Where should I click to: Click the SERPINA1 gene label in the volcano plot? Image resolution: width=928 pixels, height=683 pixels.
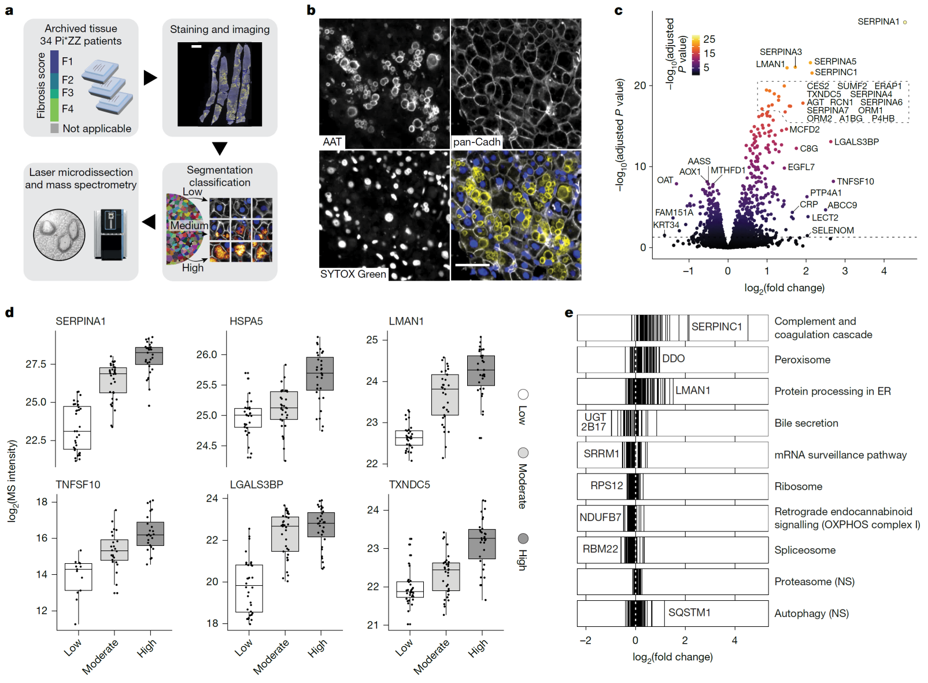coord(878,22)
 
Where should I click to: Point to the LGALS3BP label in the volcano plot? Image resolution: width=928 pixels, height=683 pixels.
coord(856,142)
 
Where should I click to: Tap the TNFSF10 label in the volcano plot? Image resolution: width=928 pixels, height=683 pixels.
coord(855,182)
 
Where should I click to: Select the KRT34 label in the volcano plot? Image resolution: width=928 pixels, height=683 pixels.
coord(666,225)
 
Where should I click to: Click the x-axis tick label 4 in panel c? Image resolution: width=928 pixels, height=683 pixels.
coord(883,271)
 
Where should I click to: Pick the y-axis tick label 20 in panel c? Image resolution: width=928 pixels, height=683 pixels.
coord(639,86)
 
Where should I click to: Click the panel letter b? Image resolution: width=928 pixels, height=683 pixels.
coord(311,10)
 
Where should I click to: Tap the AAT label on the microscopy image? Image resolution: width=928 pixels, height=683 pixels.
coord(332,142)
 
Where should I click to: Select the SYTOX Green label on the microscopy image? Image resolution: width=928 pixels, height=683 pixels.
coord(353,274)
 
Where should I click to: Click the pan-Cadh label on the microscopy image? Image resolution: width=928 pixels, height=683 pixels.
coord(476,142)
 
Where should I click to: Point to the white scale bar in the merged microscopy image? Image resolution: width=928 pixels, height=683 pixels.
coord(472,265)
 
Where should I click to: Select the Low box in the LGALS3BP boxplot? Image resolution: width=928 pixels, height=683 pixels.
coord(249,588)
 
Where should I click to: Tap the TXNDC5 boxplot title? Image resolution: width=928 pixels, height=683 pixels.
coord(409,484)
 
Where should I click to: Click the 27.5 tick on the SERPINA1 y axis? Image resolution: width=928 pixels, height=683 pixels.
coord(36,364)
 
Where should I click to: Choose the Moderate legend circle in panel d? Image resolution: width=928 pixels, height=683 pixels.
coord(523,453)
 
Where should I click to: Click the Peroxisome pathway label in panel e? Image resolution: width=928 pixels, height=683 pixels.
coord(802,360)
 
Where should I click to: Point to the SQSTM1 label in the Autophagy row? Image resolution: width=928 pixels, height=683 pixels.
coord(689,612)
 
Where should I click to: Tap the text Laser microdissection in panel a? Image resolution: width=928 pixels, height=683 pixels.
coord(81,172)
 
